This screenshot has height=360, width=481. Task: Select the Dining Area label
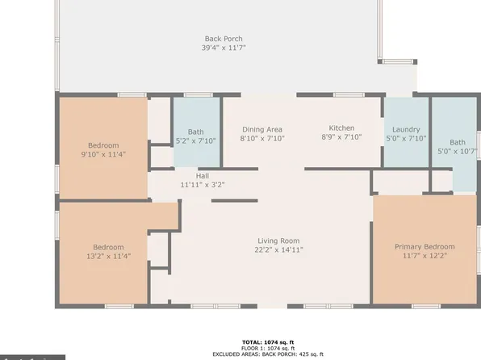click(261, 129)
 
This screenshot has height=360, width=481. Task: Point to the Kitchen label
click(341, 128)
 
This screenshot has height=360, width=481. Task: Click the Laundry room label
click(406, 129)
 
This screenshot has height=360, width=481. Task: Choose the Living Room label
click(278, 241)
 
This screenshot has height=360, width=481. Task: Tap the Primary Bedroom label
click(424, 246)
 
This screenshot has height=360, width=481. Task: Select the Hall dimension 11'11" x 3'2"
click(202, 185)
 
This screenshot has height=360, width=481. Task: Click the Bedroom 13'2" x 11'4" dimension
click(107, 256)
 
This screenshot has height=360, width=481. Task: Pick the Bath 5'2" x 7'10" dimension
click(196, 141)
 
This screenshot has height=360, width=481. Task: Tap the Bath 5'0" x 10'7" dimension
click(457, 151)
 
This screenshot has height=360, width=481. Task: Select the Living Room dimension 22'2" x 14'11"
click(278, 250)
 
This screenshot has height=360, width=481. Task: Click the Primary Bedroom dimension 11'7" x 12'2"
click(424, 256)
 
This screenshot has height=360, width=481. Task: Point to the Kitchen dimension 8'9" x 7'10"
click(341, 138)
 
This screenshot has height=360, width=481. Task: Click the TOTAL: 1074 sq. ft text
click(265, 342)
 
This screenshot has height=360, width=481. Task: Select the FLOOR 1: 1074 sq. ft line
click(265, 348)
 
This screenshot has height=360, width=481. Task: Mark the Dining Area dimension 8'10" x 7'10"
click(261, 139)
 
